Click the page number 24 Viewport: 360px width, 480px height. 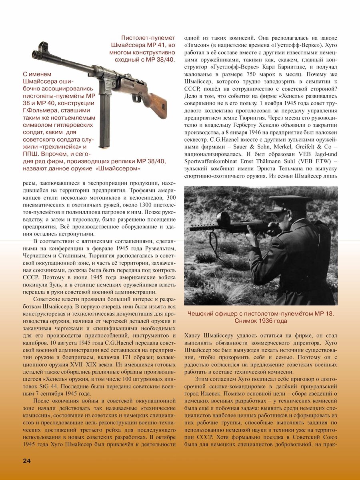(x=27, y=461)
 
